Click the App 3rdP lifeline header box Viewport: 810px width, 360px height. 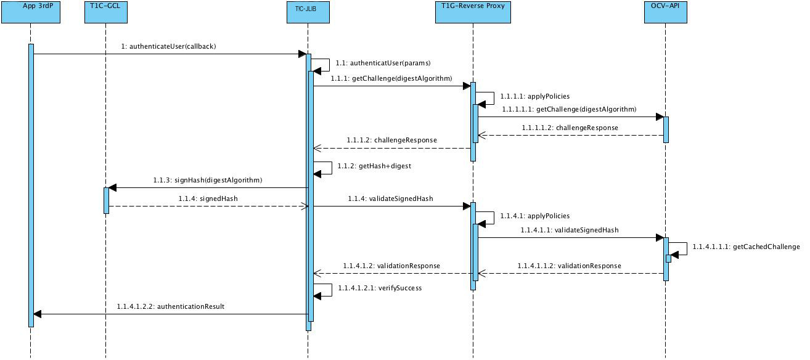pyautogui.click(x=30, y=12)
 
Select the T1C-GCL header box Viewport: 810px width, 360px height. pyautogui.click(x=105, y=12)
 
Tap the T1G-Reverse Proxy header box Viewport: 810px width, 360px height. pyautogui.click(x=473, y=12)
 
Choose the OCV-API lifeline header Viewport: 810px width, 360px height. pyautogui.click(x=665, y=12)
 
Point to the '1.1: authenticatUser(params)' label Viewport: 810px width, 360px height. pyautogui.click(x=383, y=63)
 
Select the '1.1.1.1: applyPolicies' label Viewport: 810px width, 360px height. pyautogui.click(x=534, y=96)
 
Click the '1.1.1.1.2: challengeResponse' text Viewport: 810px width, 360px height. pyautogui.click(x=570, y=128)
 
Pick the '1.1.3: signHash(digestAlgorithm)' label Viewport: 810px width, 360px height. pyautogui.click(x=208, y=180)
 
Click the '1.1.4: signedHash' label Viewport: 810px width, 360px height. pyautogui.click(x=208, y=198)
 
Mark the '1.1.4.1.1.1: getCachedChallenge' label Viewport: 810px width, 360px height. pyautogui.click(x=746, y=247)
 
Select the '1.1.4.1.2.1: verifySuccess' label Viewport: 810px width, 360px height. pyautogui.click(x=380, y=288)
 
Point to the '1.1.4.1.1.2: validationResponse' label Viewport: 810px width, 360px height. pyautogui.click(x=570, y=266)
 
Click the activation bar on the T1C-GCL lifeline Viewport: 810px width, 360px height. pyautogui.click(x=106, y=200)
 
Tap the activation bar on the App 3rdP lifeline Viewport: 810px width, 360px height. pyautogui.click(x=31, y=185)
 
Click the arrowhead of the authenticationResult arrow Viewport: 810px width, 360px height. pyautogui.click(x=38, y=314)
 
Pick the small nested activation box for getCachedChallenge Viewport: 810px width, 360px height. pyautogui.click(x=668, y=258)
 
